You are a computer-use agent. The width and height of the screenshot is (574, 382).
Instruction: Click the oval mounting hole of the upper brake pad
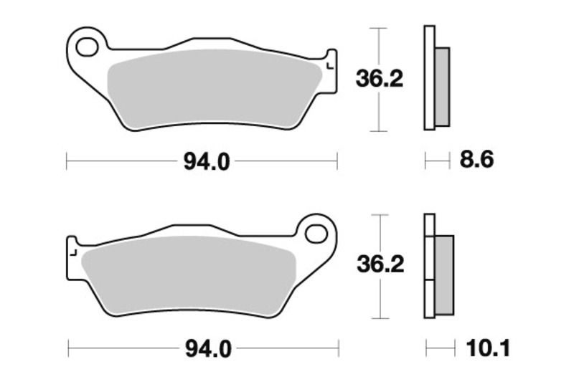(88, 48)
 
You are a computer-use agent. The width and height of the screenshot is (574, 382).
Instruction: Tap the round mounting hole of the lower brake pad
(316, 233)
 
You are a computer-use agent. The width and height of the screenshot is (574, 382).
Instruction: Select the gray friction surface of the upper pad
(215, 90)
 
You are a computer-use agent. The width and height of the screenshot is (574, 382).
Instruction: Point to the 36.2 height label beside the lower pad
(380, 265)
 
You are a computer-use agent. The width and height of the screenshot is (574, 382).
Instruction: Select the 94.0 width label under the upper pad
(207, 163)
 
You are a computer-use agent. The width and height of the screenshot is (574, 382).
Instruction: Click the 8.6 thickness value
(477, 160)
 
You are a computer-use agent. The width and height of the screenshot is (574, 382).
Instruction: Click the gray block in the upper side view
(442, 86)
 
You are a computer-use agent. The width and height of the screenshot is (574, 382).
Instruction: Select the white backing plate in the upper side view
(429, 77)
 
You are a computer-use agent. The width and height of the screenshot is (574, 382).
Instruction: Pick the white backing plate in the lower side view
(429, 265)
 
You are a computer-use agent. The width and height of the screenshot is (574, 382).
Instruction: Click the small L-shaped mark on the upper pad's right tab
(329, 66)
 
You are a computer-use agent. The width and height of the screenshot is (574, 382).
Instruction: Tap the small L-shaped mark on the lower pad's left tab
(72, 252)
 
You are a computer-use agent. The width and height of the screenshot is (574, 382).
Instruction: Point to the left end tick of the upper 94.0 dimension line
(67, 162)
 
